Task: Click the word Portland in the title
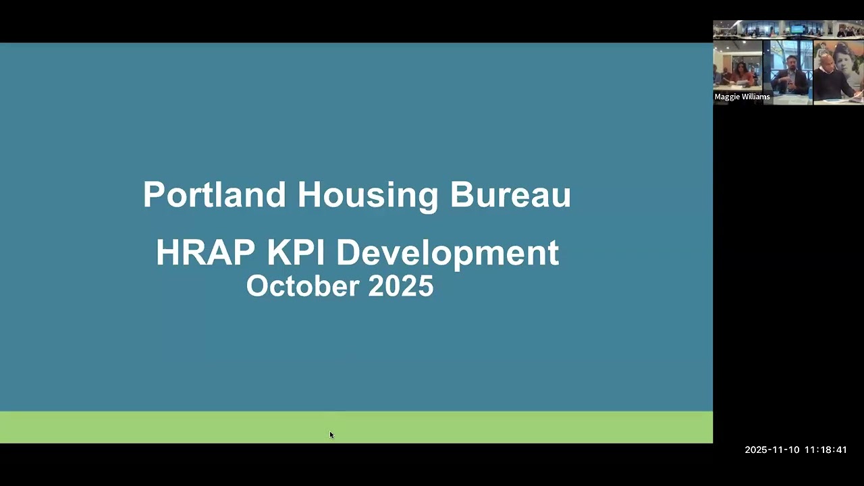(x=214, y=194)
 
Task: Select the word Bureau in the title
(x=510, y=194)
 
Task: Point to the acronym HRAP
(x=205, y=252)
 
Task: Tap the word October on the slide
(x=302, y=286)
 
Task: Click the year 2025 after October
(x=400, y=286)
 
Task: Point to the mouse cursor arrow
(x=331, y=435)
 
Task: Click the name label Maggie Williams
(x=742, y=97)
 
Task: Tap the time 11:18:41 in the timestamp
(x=826, y=450)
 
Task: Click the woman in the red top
(x=740, y=72)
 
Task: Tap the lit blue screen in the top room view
(x=798, y=29)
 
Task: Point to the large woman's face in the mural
(x=848, y=61)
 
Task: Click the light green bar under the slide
(x=356, y=427)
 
